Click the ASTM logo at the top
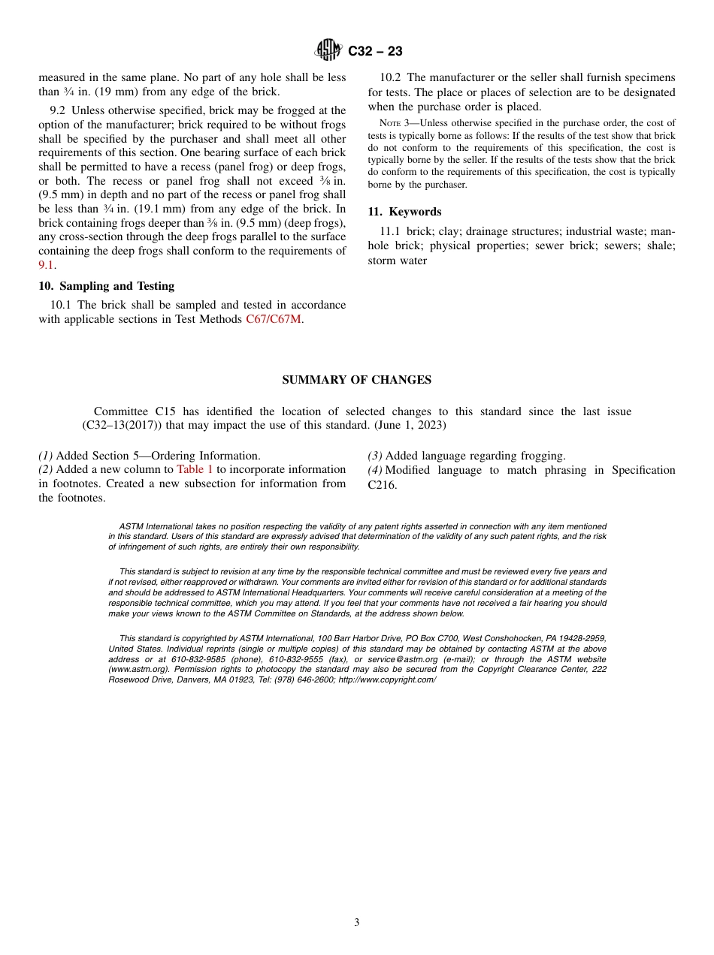[x=328, y=51]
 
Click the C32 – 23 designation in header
[x=375, y=52]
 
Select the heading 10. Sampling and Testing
[x=106, y=286]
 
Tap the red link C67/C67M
[x=274, y=319]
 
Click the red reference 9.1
[x=46, y=265]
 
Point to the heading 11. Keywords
[x=404, y=212]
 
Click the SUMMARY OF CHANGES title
[x=356, y=380]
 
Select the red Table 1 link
[x=195, y=470]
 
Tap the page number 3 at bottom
[x=356, y=923]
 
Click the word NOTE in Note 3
[x=391, y=123]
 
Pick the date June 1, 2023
[x=417, y=426]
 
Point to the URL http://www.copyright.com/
[x=387, y=679]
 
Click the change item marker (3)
[x=375, y=456]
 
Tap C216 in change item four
[x=382, y=485]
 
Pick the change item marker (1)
[x=46, y=456]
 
